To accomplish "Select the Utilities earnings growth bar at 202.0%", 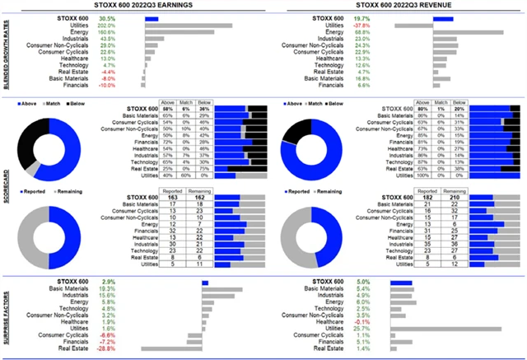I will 190,25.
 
